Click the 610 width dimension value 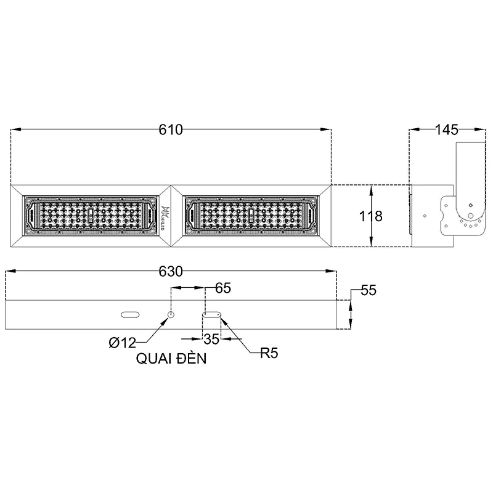(x=171, y=130)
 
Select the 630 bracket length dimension (x=171, y=272)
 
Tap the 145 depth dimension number (x=446, y=130)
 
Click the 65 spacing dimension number (x=223, y=288)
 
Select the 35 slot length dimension (x=211, y=339)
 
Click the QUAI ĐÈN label (x=171, y=360)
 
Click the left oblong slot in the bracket (x=130, y=314)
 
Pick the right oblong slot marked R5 (x=212, y=314)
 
